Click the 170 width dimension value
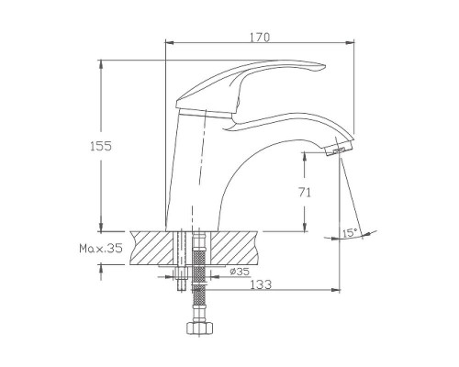[x=260, y=36]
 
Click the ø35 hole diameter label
[x=239, y=272]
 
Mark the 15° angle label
[x=349, y=233]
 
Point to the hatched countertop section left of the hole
[x=151, y=248]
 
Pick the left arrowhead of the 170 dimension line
[x=167, y=42]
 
